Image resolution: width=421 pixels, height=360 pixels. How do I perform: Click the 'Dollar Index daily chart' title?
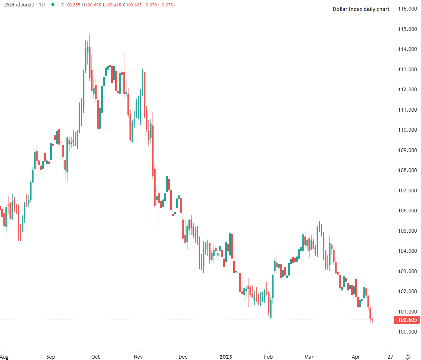[361, 9]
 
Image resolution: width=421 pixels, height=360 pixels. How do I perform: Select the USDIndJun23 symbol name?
[19, 5]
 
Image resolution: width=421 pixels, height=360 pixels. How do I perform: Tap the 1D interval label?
[42, 5]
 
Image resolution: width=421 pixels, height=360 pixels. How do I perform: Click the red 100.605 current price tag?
[407, 320]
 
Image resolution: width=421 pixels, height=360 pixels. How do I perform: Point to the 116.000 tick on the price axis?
[407, 9]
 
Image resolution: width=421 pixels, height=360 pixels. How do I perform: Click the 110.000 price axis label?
[407, 130]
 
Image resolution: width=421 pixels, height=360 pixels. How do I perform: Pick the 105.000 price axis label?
[407, 231]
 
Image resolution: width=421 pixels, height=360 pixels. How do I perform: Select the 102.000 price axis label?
[407, 291]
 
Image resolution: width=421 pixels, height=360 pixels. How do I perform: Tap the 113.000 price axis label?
[407, 70]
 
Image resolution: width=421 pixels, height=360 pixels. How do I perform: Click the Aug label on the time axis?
[4, 357]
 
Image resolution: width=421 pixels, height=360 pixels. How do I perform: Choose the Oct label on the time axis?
[96, 357]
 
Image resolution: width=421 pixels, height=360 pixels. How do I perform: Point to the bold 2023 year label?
[226, 357]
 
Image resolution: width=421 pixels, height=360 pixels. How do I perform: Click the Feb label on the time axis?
[268, 357]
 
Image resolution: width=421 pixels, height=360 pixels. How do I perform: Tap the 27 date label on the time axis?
[390, 357]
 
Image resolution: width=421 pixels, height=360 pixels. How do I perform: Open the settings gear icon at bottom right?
[408, 357]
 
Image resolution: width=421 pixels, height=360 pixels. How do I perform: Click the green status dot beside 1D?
[53, 5]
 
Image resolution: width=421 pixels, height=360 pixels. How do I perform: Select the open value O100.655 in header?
[71, 5]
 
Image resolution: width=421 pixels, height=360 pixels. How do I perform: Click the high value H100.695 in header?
[92, 5]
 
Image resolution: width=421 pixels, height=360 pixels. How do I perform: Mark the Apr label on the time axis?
[356, 357]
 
